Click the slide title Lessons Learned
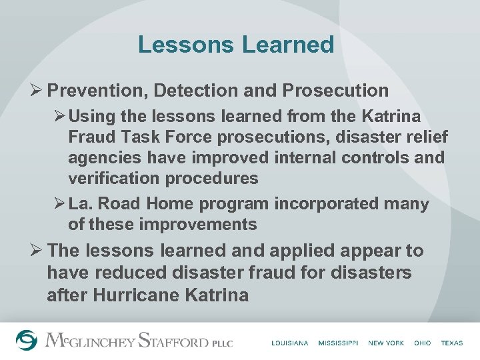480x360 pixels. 235,45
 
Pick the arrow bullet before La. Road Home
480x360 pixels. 59,203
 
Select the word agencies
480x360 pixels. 103,157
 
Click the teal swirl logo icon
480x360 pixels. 27,340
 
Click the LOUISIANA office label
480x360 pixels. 290,343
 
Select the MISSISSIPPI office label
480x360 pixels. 338,343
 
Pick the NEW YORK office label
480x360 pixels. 386,343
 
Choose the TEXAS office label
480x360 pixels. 451,343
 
